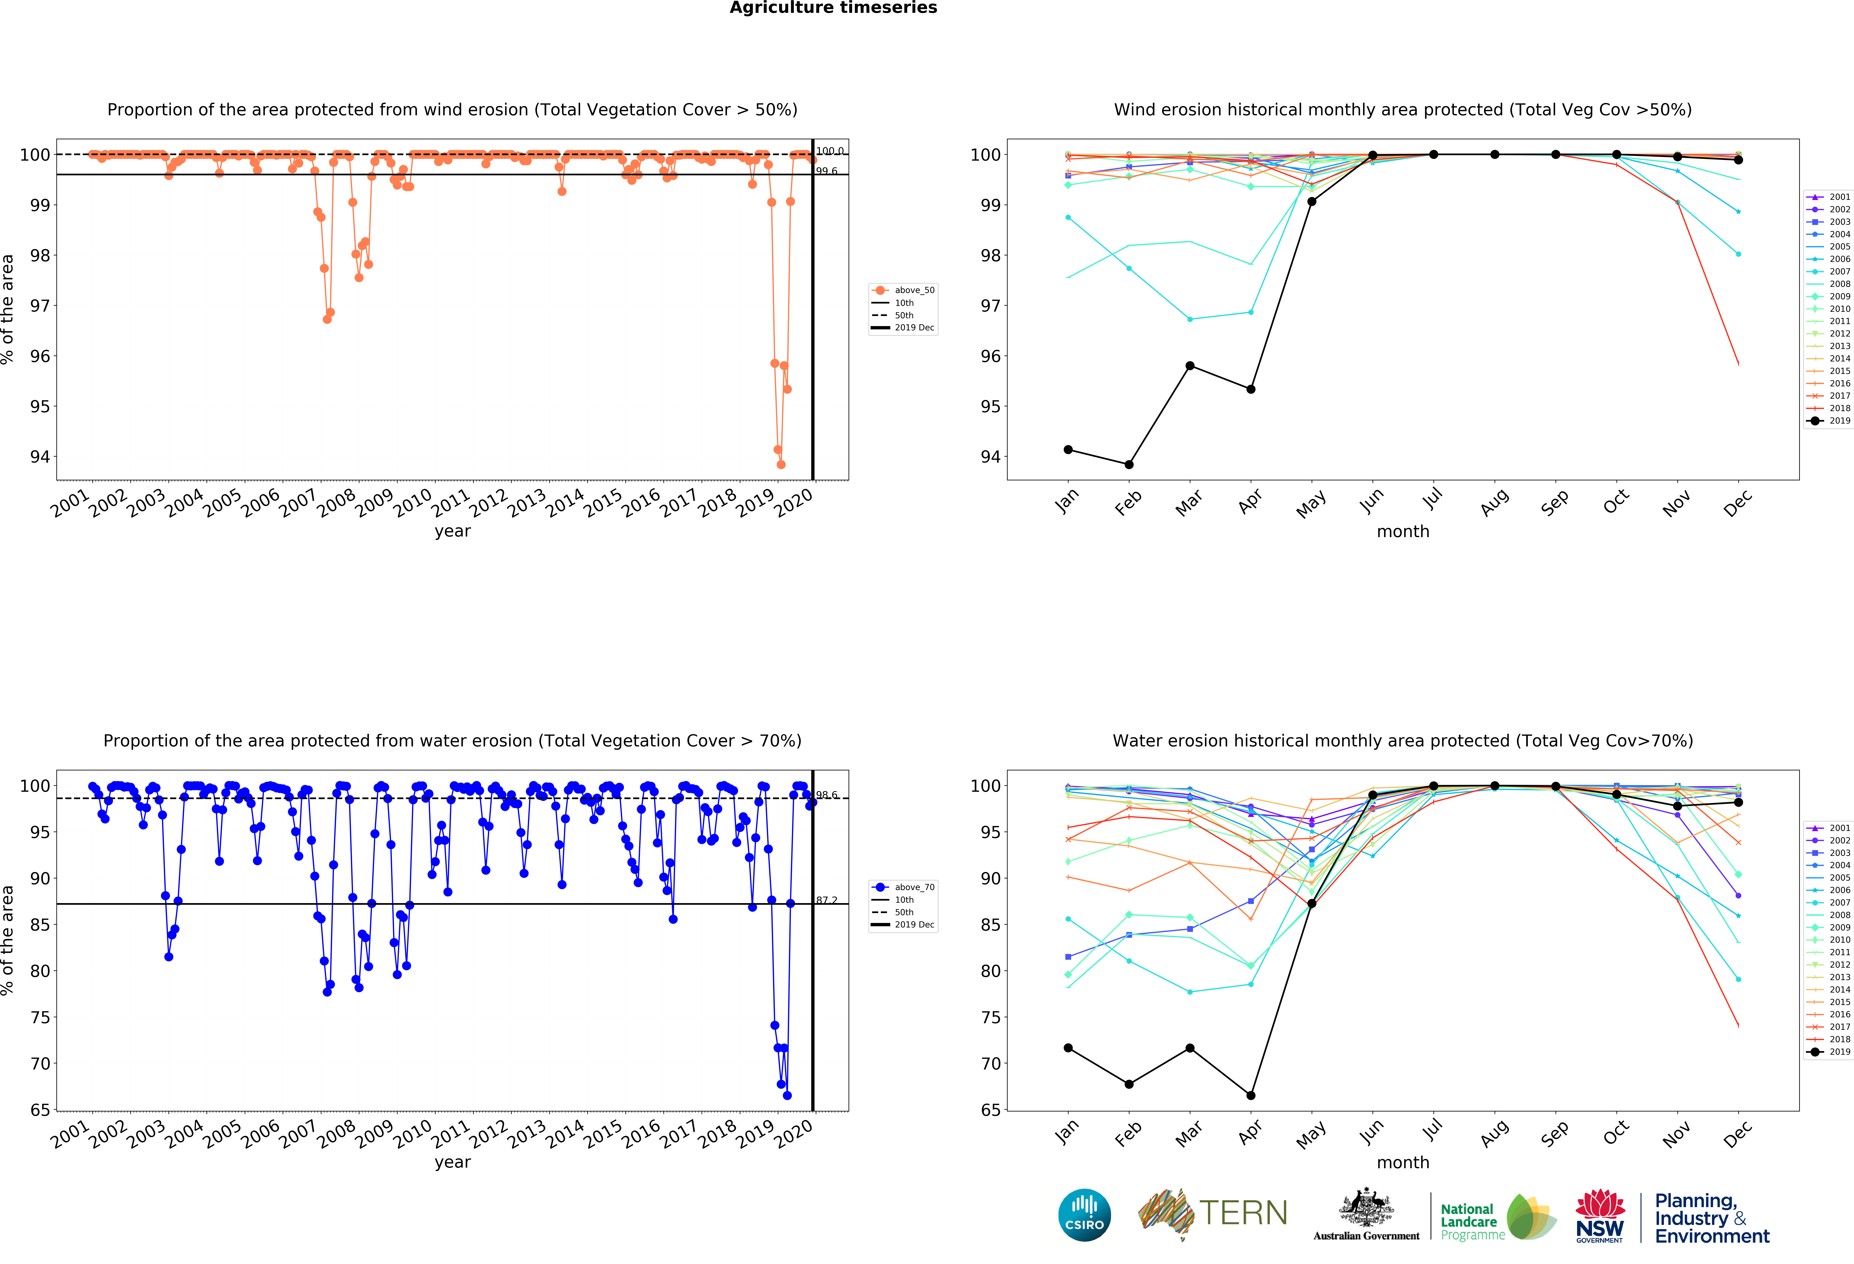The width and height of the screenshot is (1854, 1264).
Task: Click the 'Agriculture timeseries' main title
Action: [x=833, y=8]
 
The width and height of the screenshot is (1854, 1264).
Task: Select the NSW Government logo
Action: [x=1599, y=1215]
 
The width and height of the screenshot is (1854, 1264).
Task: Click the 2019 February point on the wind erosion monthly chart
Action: [x=1129, y=464]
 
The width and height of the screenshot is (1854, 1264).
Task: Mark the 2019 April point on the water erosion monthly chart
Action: [x=1251, y=1096]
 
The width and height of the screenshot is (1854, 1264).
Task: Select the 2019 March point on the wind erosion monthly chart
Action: [x=1189, y=365]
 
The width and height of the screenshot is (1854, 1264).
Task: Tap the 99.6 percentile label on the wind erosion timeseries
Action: [x=826, y=171]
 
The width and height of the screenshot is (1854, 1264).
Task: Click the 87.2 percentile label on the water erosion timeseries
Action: [x=826, y=900]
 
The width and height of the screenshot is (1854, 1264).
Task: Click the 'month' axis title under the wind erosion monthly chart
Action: [x=1402, y=531]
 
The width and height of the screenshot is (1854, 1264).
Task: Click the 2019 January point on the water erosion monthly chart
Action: [x=1068, y=1048]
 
